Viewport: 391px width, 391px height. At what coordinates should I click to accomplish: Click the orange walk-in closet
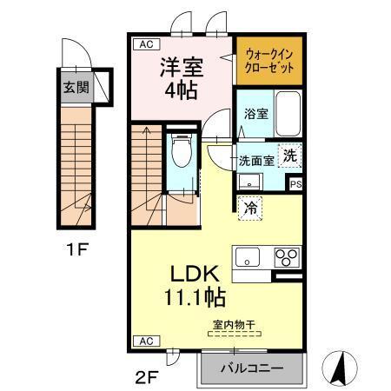(x=268, y=60)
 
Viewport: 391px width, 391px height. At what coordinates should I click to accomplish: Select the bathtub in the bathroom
(x=286, y=112)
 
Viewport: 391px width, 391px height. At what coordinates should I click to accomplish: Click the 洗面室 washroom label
(x=256, y=160)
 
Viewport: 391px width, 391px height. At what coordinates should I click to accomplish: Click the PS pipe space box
(x=295, y=183)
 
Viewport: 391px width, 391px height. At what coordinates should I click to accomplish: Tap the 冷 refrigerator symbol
(x=249, y=208)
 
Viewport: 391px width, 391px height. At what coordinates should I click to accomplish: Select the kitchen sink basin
(x=247, y=257)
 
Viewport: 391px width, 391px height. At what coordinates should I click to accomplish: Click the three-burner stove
(x=287, y=257)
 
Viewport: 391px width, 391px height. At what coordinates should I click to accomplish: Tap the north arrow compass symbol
(x=341, y=367)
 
